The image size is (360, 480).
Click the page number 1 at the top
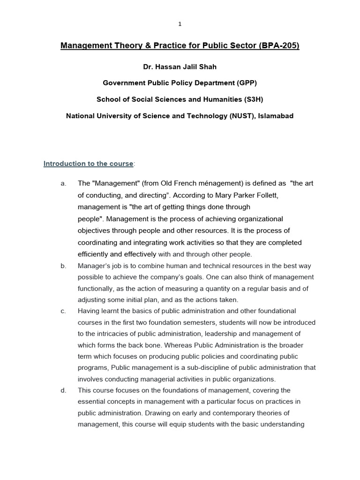180,24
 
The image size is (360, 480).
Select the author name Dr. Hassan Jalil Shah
180,67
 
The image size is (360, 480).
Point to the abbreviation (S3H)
251,99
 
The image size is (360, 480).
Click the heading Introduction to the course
88,164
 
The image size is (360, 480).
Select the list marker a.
63,183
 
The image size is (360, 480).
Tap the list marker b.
63,266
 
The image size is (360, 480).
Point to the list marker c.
63,311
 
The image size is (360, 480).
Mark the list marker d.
63,390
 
